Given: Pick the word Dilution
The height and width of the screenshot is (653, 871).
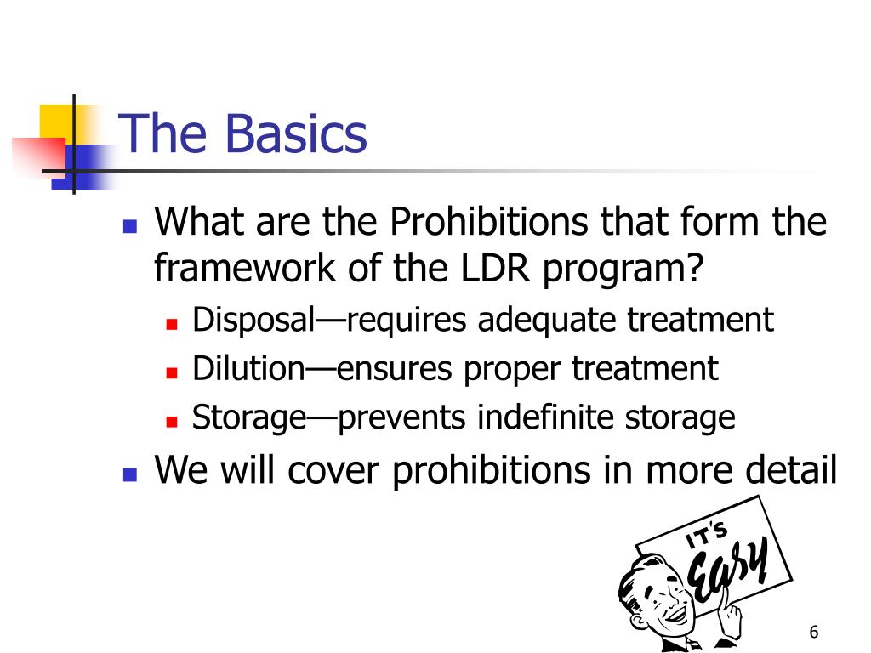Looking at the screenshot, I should tap(248, 369).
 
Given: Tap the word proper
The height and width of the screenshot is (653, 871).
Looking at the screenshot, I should tap(512, 370).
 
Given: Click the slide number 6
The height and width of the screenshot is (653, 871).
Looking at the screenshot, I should tap(814, 632).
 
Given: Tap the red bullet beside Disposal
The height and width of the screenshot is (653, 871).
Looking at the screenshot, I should tap(171, 324).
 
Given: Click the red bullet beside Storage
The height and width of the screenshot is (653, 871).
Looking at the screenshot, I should tap(171, 421).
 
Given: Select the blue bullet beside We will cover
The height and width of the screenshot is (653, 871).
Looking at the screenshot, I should tap(129, 474).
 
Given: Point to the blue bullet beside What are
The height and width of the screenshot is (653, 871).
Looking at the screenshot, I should tap(129, 226).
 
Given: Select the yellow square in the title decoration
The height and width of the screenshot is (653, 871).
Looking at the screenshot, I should tap(54, 119).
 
